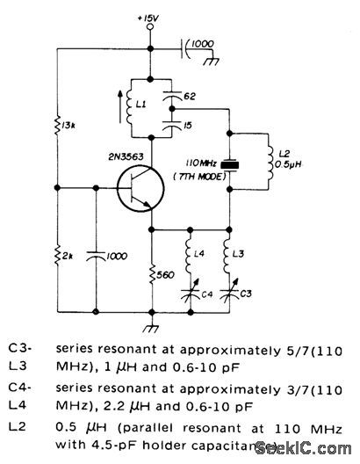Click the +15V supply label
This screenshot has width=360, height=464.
pyautogui.click(x=150, y=15)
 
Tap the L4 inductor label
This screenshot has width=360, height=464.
pyautogui.click(x=200, y=254)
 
